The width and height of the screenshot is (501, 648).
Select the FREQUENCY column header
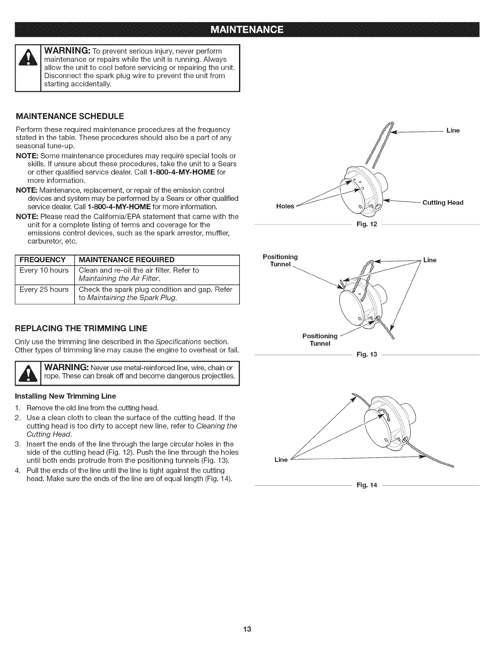pyautogui.click(x=43, y=260)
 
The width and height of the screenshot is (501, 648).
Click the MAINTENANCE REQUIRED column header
pyautogui.click(x=126, y=260)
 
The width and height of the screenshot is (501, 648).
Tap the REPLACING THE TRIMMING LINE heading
pyautogui.click(x=81, y=328)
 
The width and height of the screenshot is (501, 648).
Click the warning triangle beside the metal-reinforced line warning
pyautogui.click(x=27, y=374)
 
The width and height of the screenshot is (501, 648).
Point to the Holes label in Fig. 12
pyautogui.click(x=285, y=206)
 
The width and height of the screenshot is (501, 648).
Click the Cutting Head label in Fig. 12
pyautogui.click(x=443, y=202)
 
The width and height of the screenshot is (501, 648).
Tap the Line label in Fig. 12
pyautogui.click(x=453, y=130)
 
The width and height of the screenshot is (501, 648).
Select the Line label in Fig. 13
pyautogui.click(x=430, y=260)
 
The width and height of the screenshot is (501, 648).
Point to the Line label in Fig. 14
pyautogui.click(x=281, y=460)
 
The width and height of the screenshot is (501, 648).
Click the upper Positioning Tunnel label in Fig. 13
pyautogui.click(x=280, y=260)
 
